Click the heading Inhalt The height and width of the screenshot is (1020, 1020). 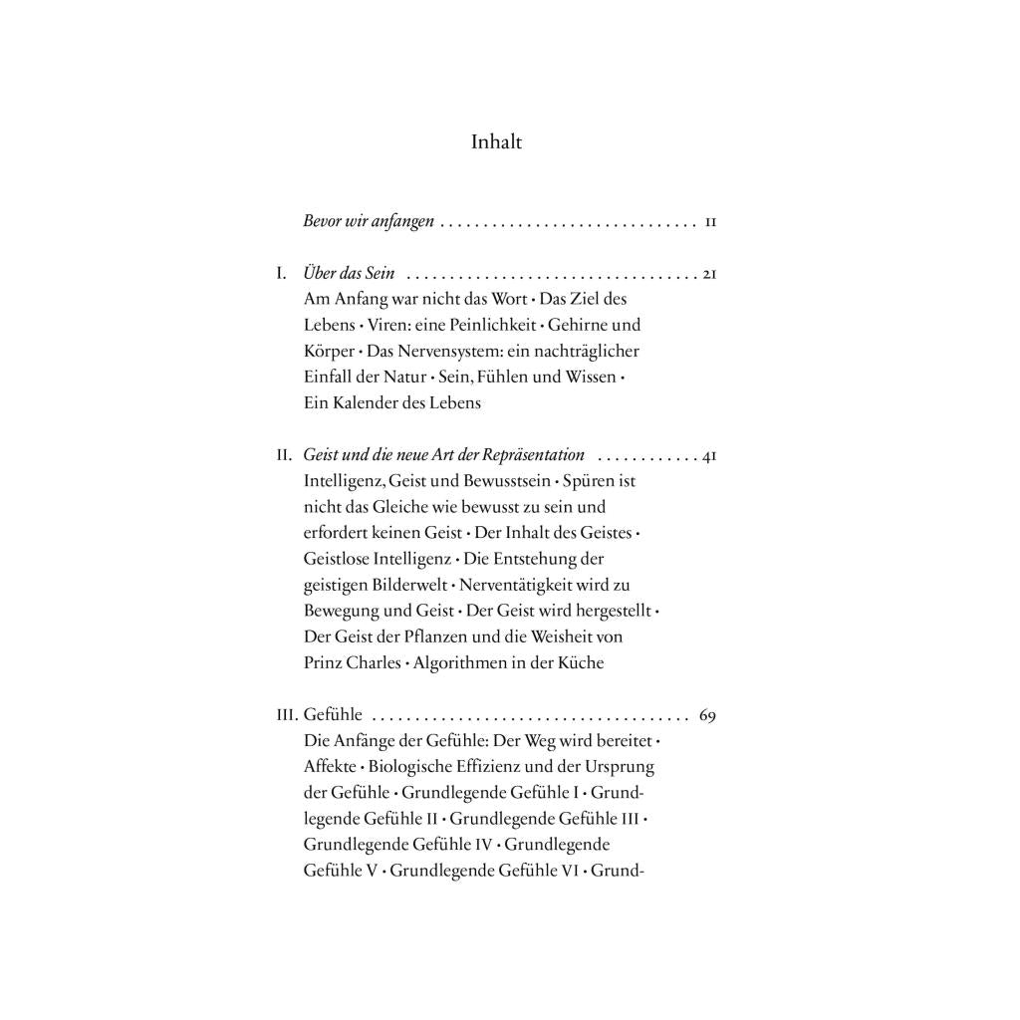[x=496, y=142]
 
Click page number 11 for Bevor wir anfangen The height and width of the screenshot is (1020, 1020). [x=710, y=222]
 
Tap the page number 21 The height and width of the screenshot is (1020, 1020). [x=709, y=273]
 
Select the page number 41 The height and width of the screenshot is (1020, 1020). [x=709, y=455]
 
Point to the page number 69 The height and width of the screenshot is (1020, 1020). [x=708, y=715]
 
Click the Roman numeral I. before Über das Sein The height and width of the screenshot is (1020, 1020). [x=282, y=273]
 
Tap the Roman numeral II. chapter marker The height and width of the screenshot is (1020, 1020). [x=285, y=455]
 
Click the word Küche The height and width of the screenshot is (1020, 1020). [x=581, y=662]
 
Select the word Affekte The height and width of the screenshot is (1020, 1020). [x=329, y=767]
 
